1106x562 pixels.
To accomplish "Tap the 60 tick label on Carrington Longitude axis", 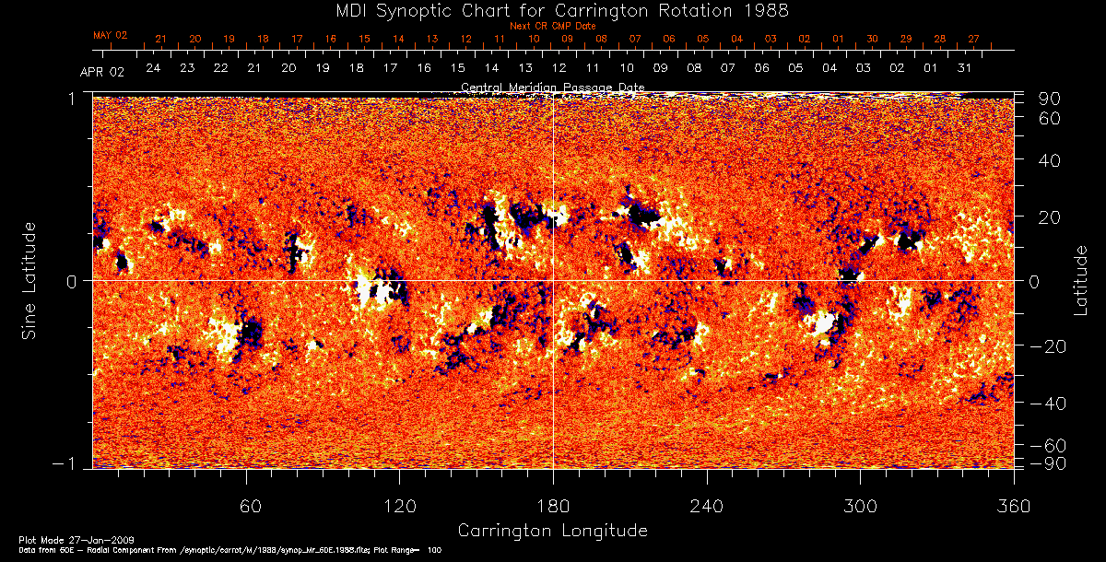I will click(247, 506).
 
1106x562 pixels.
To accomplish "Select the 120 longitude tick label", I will click(400, 506).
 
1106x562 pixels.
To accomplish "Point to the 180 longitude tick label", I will click(553, 506).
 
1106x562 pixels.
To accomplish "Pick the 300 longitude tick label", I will click(860, 506).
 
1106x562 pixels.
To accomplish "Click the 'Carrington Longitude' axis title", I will click(553, 531).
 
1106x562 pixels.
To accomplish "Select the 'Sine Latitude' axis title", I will click(29, 278).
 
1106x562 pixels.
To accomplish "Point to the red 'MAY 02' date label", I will click(110, 35).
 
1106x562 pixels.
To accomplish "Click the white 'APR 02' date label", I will click(101, 72).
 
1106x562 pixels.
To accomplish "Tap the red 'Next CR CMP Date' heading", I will click(553, 26).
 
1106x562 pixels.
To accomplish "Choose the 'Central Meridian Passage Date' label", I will click(552, 88).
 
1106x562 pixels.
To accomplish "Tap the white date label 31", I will click(964, 68).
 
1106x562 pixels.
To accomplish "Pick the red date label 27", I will click(973, 39).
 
